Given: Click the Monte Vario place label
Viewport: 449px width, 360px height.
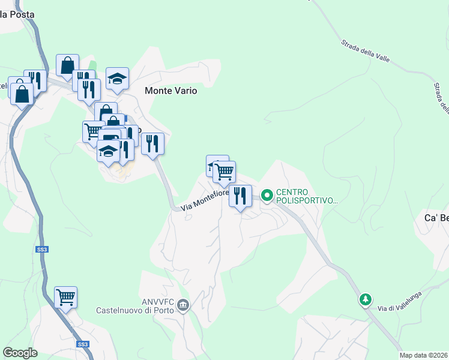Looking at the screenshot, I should point(170,92).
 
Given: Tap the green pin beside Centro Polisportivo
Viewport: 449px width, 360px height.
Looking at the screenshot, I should point(267,195).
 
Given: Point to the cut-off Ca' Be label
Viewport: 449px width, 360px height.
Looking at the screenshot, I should point(436,217).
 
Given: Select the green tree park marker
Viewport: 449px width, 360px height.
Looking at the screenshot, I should point(365,299).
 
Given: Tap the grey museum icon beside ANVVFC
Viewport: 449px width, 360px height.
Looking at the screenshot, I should point(184,307).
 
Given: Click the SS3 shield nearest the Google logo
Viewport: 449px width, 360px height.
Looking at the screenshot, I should point(83,344).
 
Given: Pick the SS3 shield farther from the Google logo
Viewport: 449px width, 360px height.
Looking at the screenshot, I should point(41,248).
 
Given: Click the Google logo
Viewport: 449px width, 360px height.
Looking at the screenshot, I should point(20,352).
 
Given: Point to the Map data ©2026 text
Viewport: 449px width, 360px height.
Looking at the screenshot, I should point(423,355).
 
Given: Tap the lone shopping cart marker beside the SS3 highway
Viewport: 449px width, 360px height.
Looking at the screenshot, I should point(65,296).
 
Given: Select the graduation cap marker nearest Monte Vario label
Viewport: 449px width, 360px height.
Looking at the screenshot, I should point(117,78).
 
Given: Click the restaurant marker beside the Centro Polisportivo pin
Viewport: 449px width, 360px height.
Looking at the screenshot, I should point(240,196).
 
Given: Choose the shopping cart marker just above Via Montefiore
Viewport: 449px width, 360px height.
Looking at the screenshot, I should point(224,172).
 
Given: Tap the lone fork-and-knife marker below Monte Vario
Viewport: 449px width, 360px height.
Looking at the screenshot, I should point(152,143).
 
